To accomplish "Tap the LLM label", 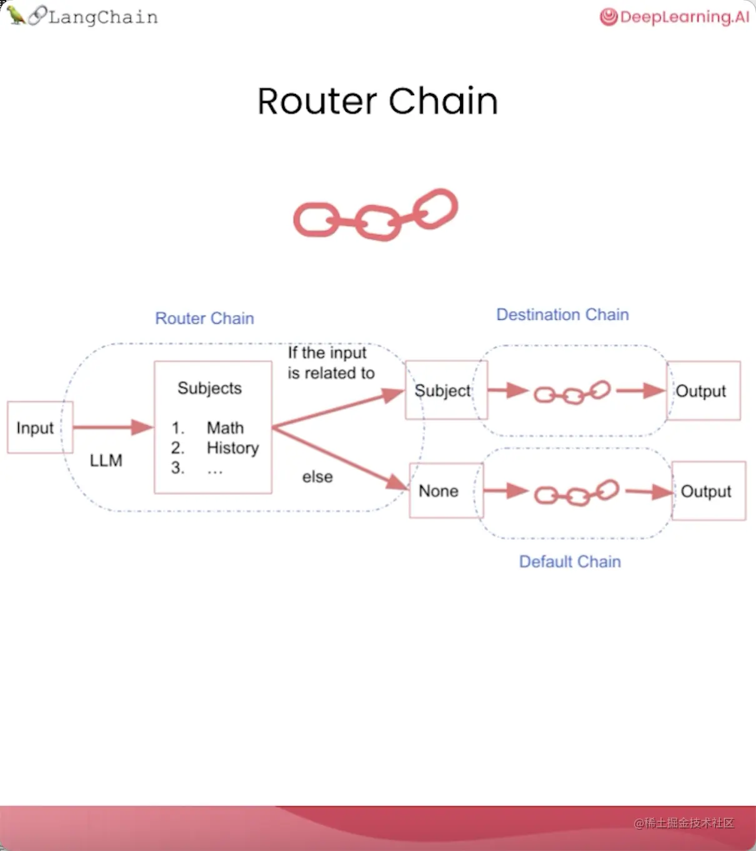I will point(106,460).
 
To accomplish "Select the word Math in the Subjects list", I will point(225,428).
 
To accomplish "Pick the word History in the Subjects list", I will point(232,448).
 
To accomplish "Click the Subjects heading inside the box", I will point(209,388).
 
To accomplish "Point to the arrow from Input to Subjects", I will point(112,427).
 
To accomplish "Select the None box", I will point(440,491).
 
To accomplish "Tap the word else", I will point(317,477).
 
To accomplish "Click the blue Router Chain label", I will point(204,318).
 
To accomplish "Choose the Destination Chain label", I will point(562,314).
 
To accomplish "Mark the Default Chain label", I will point(570,562).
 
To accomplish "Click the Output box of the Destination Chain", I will point(703,391).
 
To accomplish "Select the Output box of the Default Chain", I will point(708,491).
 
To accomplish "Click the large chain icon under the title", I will point(376,214).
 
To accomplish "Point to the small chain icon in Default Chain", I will point(577,493).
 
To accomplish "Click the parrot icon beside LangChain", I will point(16,15).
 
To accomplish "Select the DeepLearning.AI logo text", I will point(684,17).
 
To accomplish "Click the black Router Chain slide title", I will point(377,101).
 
